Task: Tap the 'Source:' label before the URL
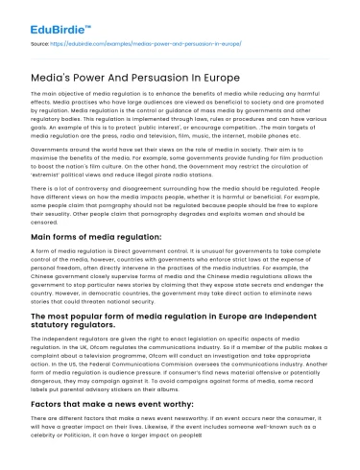click(42, 44)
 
